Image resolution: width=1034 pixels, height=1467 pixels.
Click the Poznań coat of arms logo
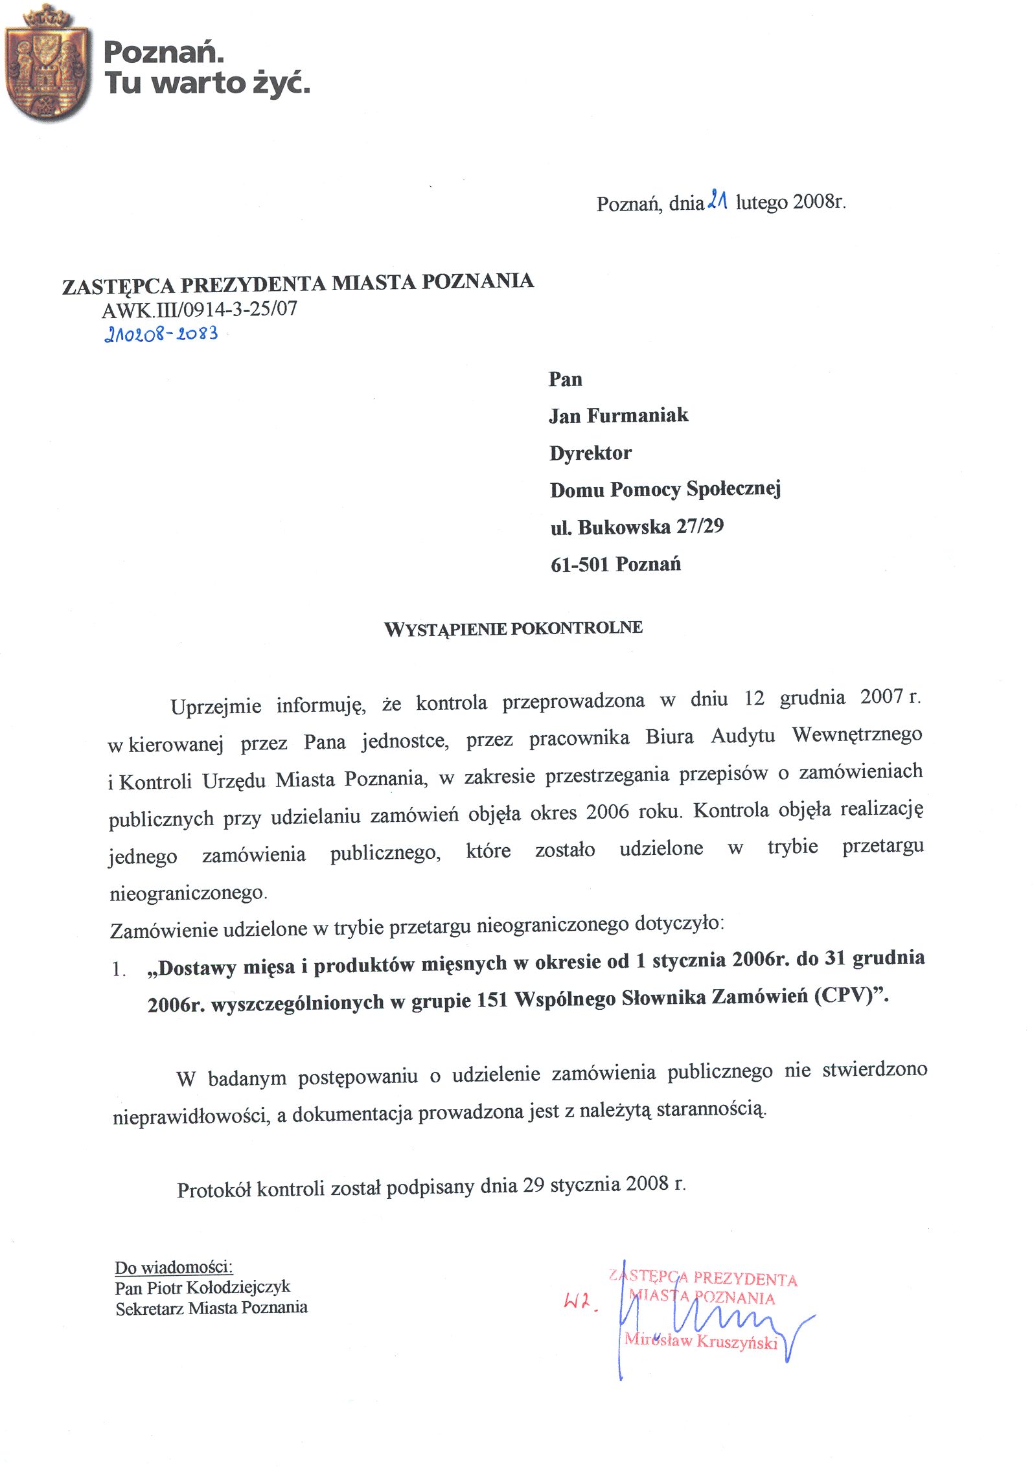(x=47, y=63)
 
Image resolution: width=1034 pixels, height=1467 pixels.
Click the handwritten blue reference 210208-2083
(x=161, y=334)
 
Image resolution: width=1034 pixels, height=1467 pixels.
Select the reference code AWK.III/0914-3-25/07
(x=200, y=310)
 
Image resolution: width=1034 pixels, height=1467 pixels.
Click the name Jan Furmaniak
(x=618, y=415)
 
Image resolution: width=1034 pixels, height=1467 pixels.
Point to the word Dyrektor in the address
(x=590, y=453)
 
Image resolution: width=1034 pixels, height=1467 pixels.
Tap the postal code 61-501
(x=579, y=565)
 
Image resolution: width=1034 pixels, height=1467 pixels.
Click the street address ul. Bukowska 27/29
(x=637, y=527)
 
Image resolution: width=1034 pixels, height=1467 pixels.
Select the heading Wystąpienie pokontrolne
(x=513, y=628)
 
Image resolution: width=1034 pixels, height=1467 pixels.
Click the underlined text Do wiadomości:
(x=174, y=1268)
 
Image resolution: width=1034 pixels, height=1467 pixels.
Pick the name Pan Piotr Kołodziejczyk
(x=203, y=1288)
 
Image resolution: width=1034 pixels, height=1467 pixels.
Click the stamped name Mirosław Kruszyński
(x=701, y=1341)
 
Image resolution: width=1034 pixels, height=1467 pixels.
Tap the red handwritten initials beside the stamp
(x=580, y=1301)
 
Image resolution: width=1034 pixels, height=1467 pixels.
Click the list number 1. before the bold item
(x=119, y=970)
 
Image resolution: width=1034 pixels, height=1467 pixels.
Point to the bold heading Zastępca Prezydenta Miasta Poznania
(x=298, y=284)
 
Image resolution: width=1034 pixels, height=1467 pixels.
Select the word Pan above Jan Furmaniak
(x=565, y=380)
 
